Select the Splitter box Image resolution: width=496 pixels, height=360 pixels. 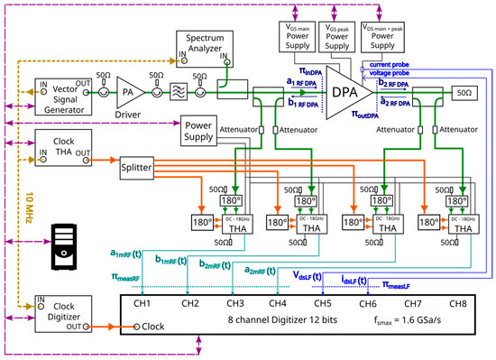pyautogui.click(x=144, y=169)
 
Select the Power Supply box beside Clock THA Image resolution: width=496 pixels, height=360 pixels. pyautogui.click(x=206, y=128)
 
